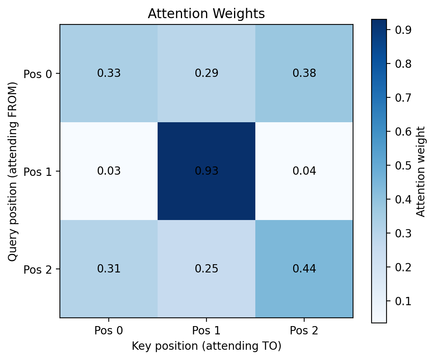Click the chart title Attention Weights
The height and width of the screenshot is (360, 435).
tap(206, 14)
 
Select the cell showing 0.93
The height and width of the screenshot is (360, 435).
tap(206, 171)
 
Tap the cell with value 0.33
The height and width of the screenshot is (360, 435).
tap(109, 73)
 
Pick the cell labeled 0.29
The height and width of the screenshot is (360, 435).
tap(206, 73)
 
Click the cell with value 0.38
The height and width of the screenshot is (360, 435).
tap(304, 73)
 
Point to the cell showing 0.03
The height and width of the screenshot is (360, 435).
tap(109, 171)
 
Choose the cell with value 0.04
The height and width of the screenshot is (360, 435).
tap(304, 171)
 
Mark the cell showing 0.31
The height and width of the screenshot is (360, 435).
tap(109, 269)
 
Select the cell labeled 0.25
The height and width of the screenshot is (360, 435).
tap(206, 269)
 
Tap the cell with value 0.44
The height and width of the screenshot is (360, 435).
tap(304, 269)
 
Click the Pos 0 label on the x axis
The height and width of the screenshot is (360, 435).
tap(109, 330)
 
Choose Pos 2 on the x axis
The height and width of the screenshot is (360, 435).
tap(304, 330)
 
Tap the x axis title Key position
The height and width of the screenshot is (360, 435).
tap(206, 346)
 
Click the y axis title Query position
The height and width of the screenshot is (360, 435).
tap(13, 171)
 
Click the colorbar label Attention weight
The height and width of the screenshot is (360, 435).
tap(421, 171)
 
